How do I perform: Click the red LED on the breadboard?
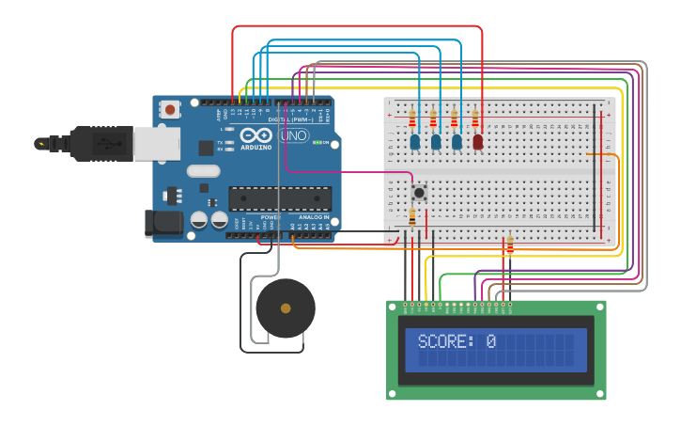click(x=478, y=142)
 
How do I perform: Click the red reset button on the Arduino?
click(x=170, y=110)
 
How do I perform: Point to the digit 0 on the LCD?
click(x=490, y=341)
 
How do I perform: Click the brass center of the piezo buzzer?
click(x=286, y=308)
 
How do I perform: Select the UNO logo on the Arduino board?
click(x=293, y=135)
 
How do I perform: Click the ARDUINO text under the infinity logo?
click(x=255, y=148)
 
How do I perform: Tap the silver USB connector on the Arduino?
click(x=156, y=143)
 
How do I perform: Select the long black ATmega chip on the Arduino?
click(x=280, y=198)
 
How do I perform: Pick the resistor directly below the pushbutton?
click(x=411, y=217)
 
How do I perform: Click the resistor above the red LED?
click(x=475, y=118)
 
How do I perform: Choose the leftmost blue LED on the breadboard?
click(x=414, y=142)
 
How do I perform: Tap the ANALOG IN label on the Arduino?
click(x=313, y=217)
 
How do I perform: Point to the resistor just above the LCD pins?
click(x=510, y=245)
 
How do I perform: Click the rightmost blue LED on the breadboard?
click(x=457, y=142)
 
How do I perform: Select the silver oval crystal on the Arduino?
click(x=203, y=171)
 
